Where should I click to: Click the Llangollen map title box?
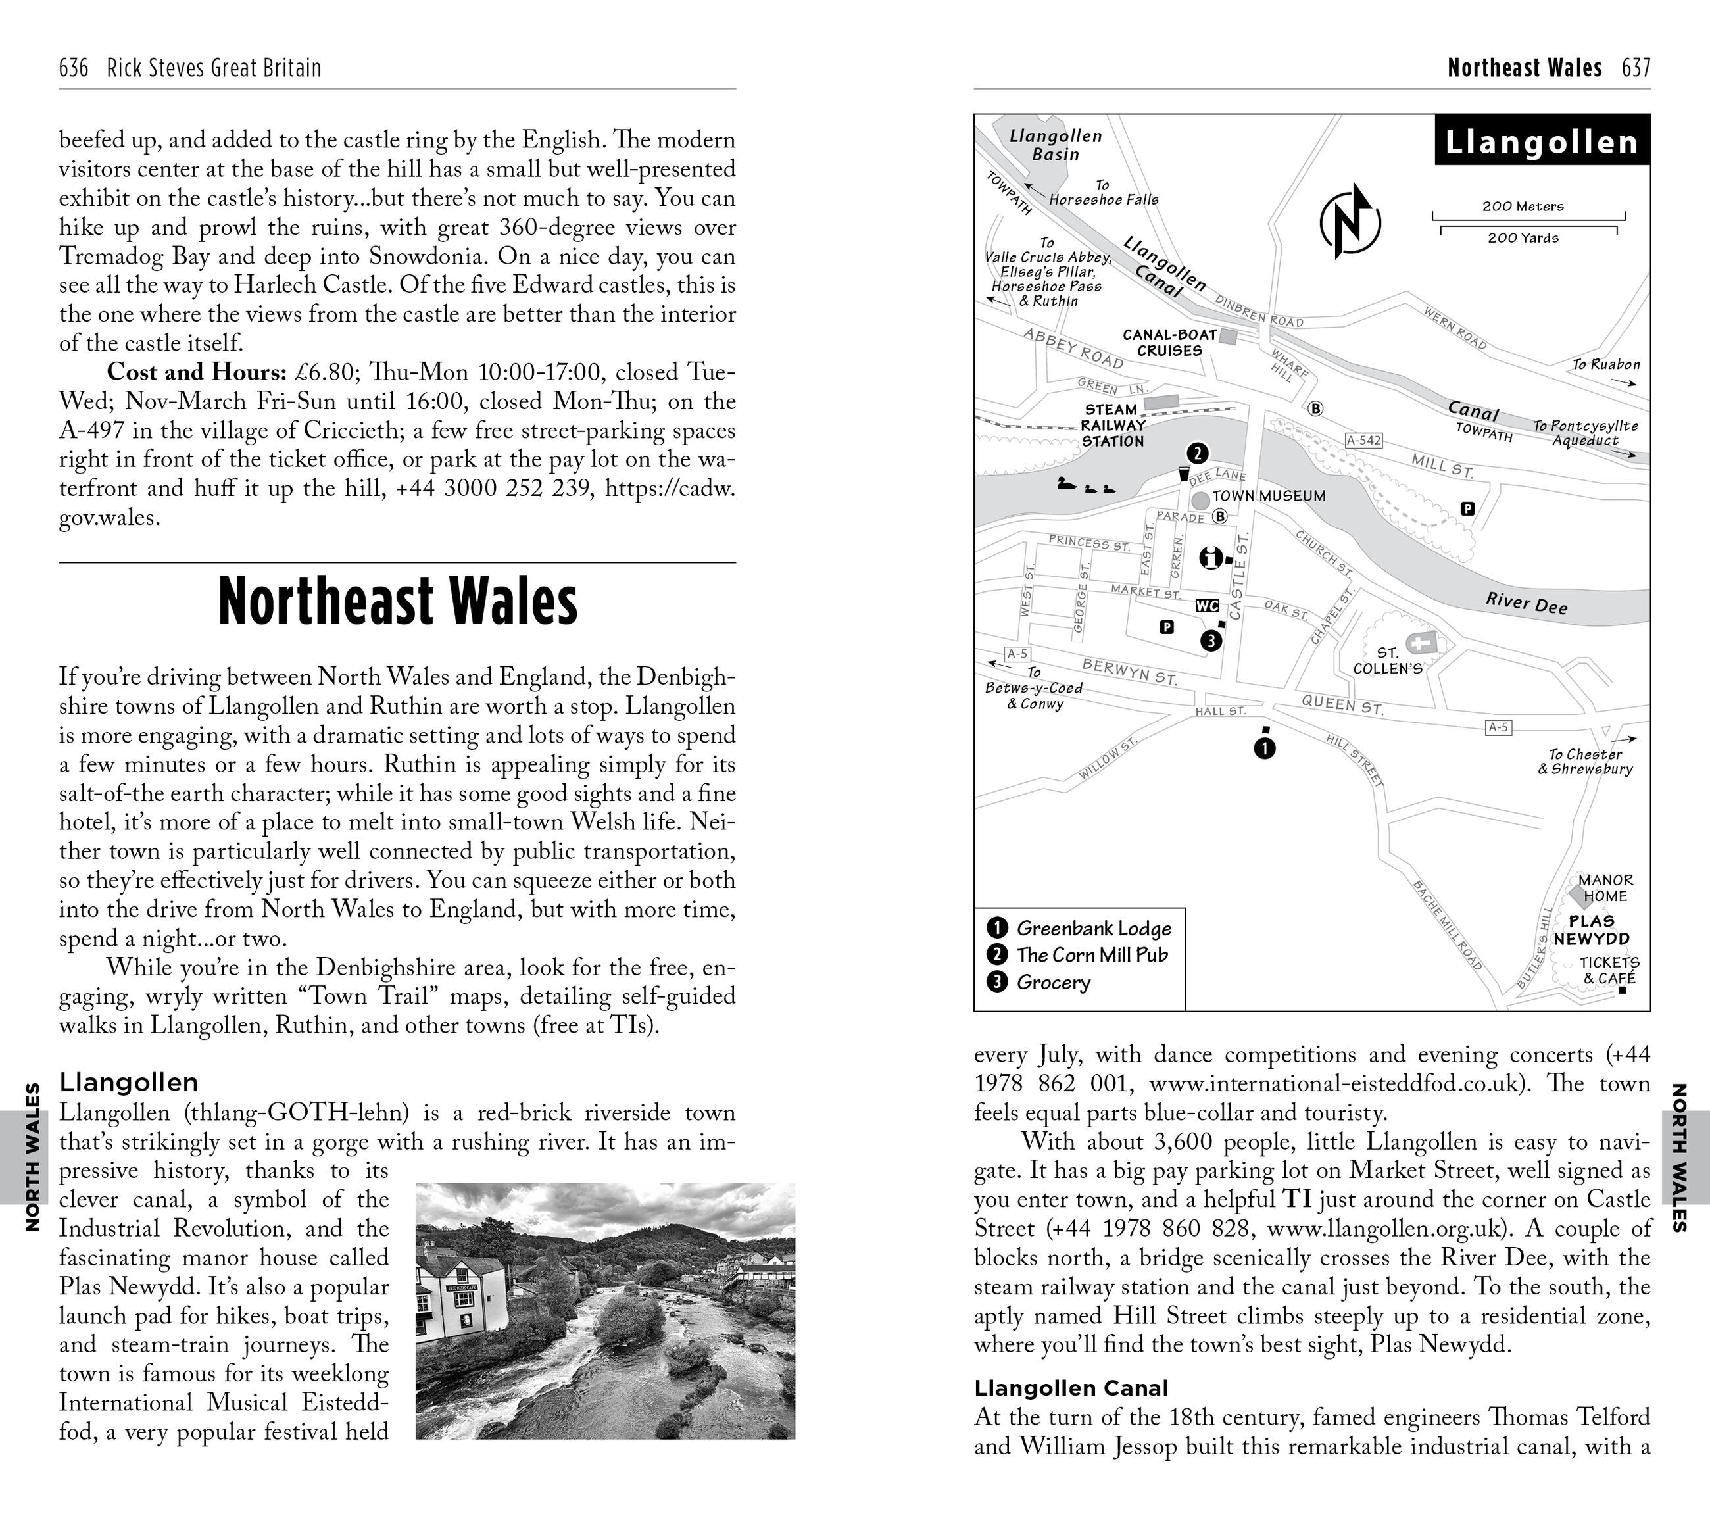(x=1541, y=141)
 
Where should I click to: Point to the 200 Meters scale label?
(x=1523, y=206)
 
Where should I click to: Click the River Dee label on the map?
(x=1526, y=603)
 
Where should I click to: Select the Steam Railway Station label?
(x=1112, y=425)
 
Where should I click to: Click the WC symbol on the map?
(x=1206, y=606)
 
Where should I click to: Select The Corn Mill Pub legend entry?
(x=1091, y=955)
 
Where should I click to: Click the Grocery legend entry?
(x=1052, y=982)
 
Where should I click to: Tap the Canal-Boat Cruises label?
(x=1169, y=342)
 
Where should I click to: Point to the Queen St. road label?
(x=1342, y=705)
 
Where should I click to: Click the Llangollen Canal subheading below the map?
(x=1071, y=1388)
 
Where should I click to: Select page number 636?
(x=74, y=68)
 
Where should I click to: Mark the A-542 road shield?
(x=1363, y=440)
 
